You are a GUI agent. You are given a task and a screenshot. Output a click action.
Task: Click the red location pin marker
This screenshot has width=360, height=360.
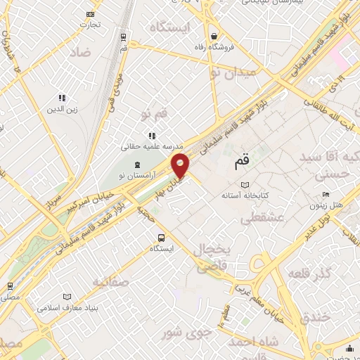tap(181, 165)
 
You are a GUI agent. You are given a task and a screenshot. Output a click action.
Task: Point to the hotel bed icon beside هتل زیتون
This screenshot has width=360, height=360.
tap(325, 194)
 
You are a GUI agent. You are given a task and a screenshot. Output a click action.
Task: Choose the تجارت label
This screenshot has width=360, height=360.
tap(90, 24)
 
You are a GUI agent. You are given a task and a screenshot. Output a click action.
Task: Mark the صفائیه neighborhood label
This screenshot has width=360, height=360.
tap(110, 282)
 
